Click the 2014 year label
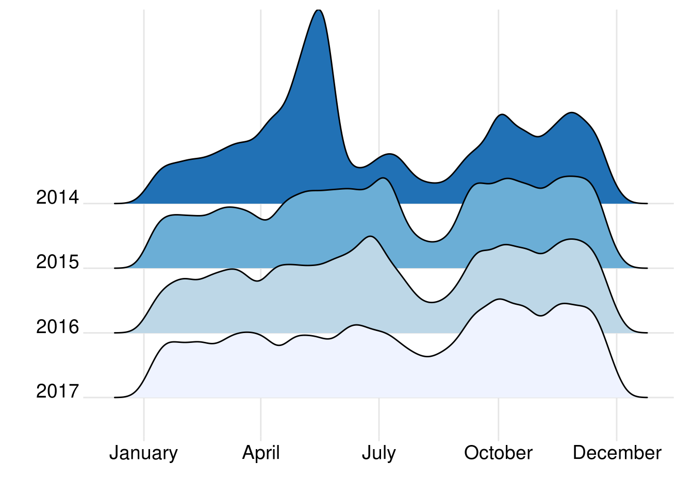point(57,197)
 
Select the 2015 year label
point(57,262)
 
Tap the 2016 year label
point(57,327)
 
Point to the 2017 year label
point(57,392)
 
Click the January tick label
point(143,453)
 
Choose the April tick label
point(261,453)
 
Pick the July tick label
point(379,453)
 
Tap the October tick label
point(498,453)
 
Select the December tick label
point(617,453)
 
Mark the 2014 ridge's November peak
point(571,112)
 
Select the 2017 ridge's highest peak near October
point(499,299)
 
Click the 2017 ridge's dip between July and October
point(427,356)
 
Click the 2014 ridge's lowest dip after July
point(435,183)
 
